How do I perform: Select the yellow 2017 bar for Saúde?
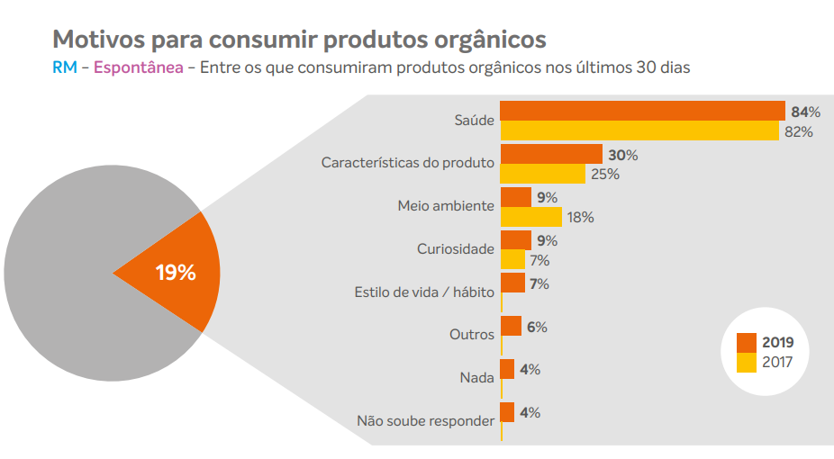click(x=639, y=131)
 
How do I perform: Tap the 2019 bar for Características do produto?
click(x=551, y=154)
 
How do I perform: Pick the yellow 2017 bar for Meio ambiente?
click(x=531, y=217)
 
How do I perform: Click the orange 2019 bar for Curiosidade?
click(x=516, y=240)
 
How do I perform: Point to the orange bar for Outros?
click(x=511, y=326)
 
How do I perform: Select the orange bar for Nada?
click(x=507, y=369)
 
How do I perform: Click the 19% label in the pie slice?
click(x=176, y=273)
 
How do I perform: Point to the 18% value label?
click(x=581, y=218)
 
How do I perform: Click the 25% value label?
click(x=604, y=175)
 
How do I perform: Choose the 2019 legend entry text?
click(x=778, y=343)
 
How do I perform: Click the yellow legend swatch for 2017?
click(x=746, y=363)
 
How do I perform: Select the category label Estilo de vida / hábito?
click(x=425, y=292)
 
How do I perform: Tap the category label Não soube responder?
click(x=425, y=420)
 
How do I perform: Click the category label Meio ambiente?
click(x=446, y=205)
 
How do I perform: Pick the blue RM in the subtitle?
click(x=64, y=67)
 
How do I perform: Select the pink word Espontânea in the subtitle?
click(x=138, y=67)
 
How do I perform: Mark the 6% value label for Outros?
click(x=537, y=327)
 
